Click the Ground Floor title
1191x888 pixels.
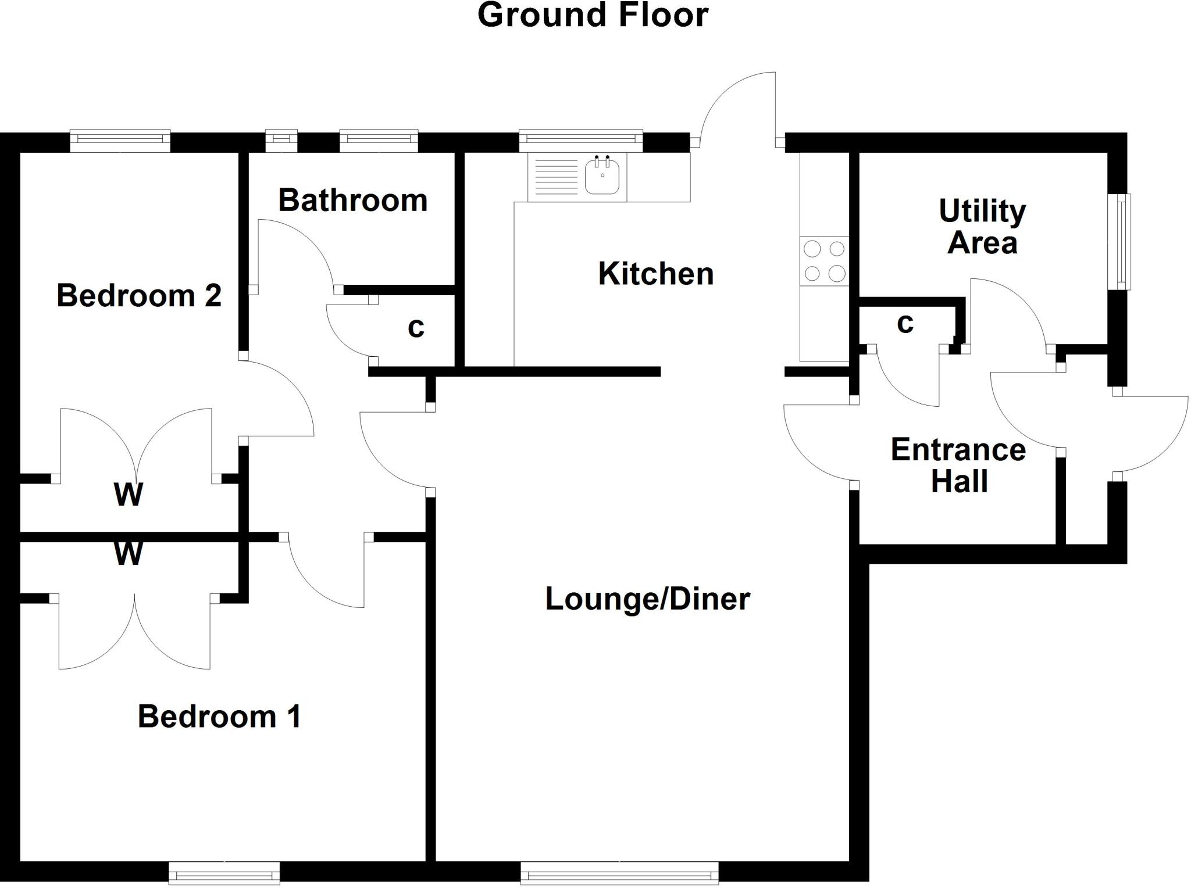click(x=593, y=15)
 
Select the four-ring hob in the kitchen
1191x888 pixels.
click(x=824, y=261)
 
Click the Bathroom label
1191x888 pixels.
click(x=353, y=200)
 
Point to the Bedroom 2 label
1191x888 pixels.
click(x=139, y=296)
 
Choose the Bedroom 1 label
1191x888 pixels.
click(x=219, y=717)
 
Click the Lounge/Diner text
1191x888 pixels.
click(x=647, y=599)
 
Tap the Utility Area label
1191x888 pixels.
click(x=982, y=227)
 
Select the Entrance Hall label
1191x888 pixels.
click(x=958, y=466)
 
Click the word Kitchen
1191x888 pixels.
click(x=656, y=274)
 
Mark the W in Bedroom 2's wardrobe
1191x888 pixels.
click(x=129, y=495)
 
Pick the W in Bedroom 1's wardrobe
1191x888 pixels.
click(x=129, y=553)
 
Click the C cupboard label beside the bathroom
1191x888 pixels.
click(x=416, y=328)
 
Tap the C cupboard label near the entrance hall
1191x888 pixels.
click(x=905, y=324)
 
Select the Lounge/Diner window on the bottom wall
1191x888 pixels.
click(x=619, y=873)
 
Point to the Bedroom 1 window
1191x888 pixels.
click(x=224, y=873)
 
